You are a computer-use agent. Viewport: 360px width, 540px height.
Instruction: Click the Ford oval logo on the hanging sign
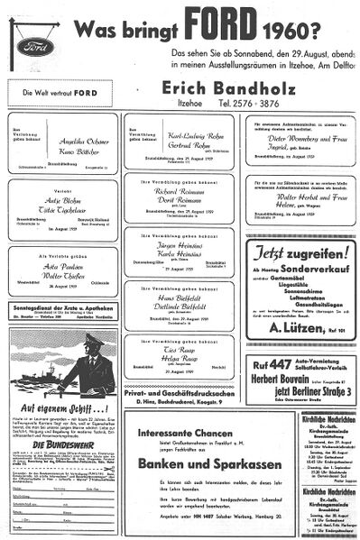click(35, 45)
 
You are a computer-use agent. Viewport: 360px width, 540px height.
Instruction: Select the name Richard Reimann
click(180, 192)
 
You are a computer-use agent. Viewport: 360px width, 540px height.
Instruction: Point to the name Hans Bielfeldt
click(180, 296)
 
